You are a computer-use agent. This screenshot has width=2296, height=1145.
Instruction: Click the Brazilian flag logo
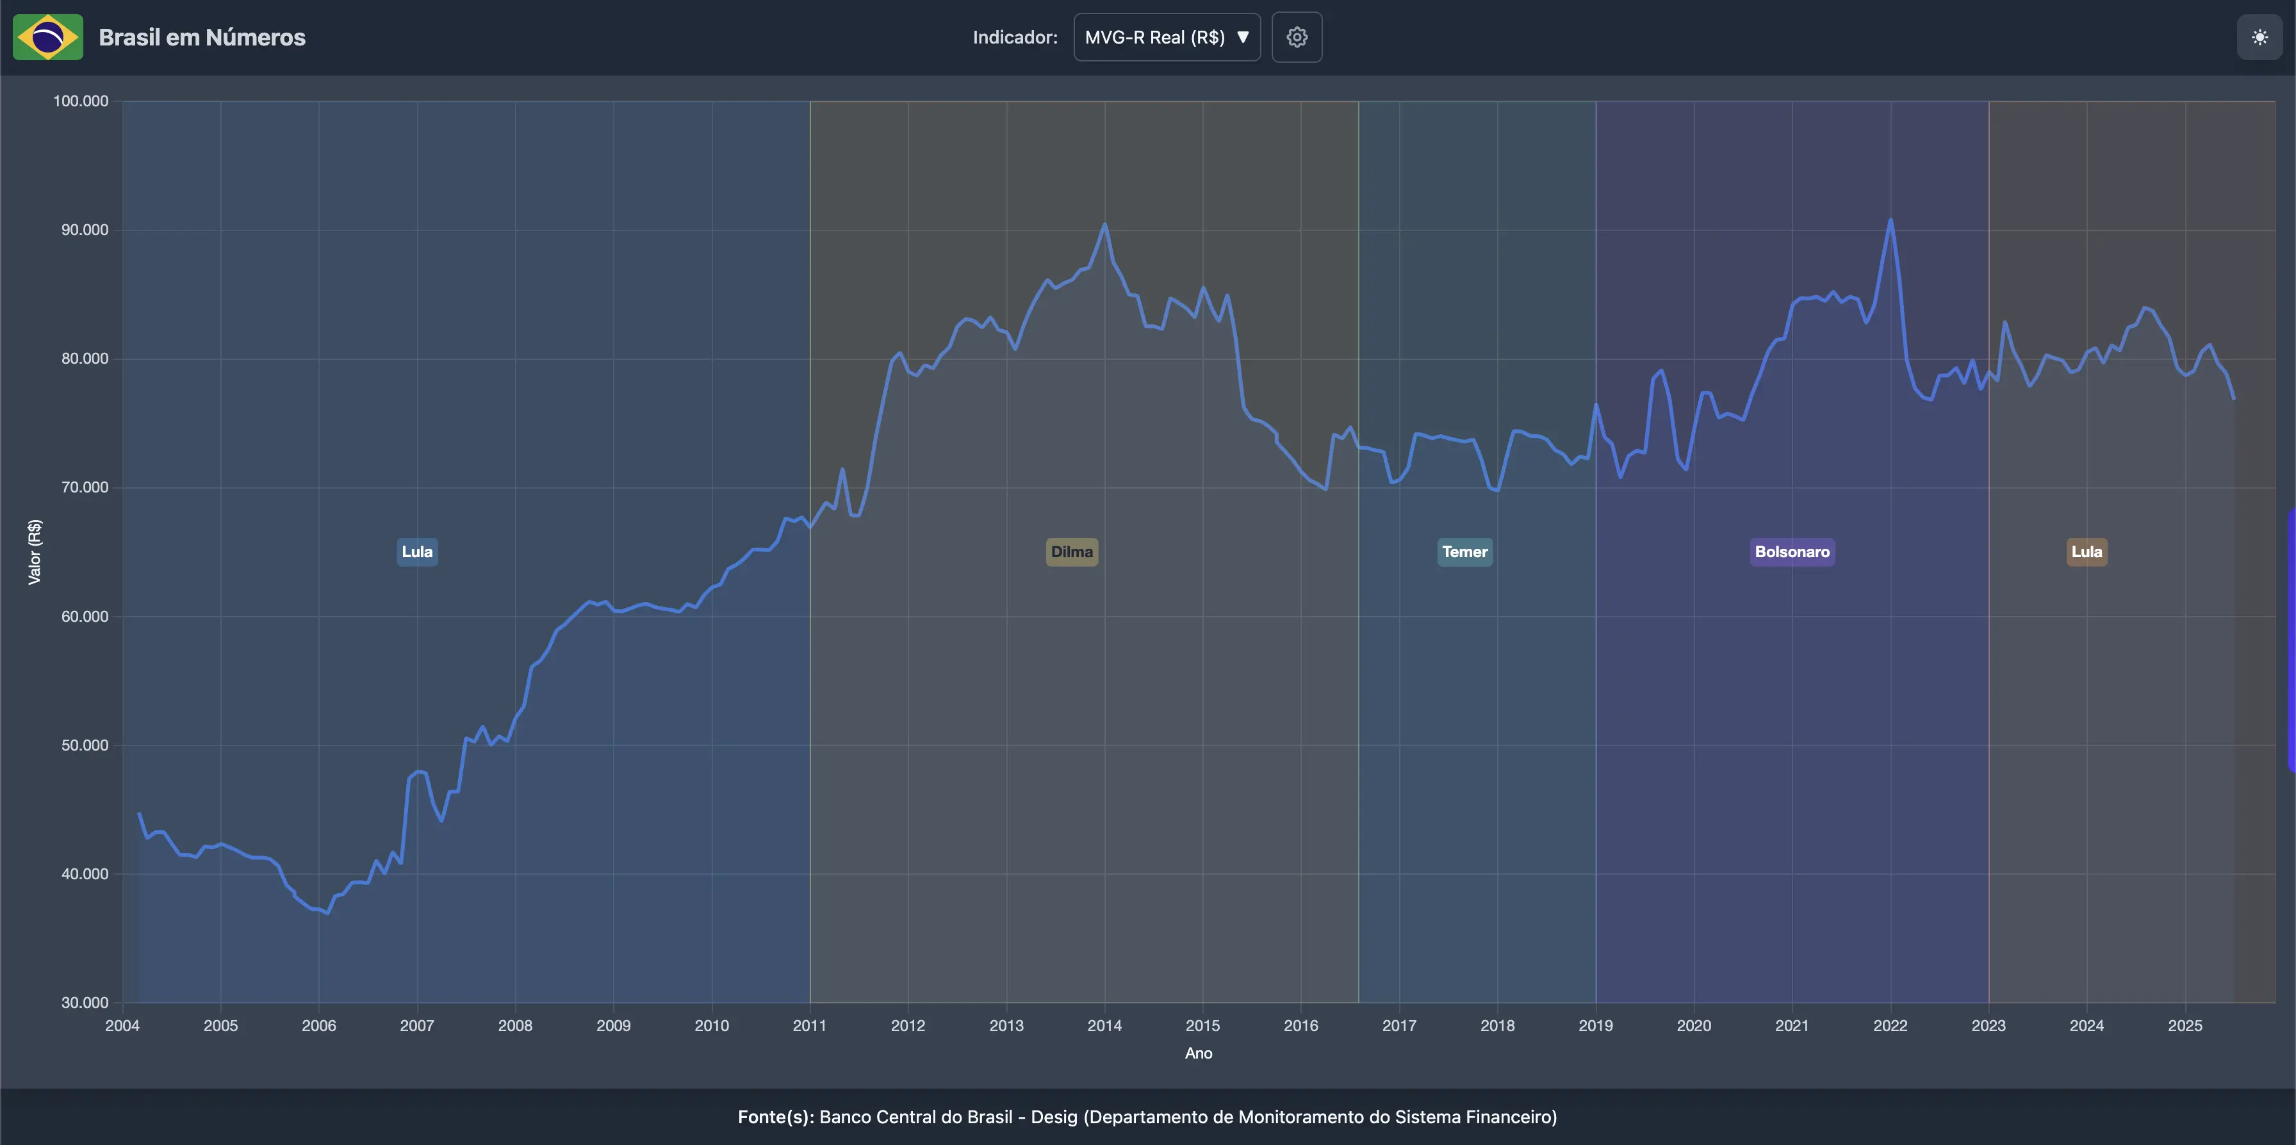tap(48, 37)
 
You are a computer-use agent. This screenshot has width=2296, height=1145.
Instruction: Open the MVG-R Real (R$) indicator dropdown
tap(1166, 37)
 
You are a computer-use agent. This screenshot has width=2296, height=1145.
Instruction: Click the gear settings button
tap(1296, 37)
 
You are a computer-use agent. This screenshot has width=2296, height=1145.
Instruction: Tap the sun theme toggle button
tap(2259, 37)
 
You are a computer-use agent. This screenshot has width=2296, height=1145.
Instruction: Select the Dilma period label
tap(1071, 551)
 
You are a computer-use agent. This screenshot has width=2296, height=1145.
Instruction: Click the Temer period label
tap(1464, 551)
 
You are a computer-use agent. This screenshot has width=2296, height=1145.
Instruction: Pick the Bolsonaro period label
tap(1792, 551)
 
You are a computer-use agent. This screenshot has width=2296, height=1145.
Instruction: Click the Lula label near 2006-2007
tap(417, 551)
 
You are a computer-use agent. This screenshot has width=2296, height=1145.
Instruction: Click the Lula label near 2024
tap(2086, 551)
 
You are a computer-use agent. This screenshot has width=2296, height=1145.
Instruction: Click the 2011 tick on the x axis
tap(809, 1026)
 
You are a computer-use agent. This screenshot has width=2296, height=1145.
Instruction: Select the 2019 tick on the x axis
tap(1595, 1026)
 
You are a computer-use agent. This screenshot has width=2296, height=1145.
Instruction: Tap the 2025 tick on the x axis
tap(2185, 1026)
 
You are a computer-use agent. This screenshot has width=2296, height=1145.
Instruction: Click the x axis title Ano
tap(1198, 1053)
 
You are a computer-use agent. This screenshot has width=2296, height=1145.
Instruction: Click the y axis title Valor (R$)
tap(35, 551)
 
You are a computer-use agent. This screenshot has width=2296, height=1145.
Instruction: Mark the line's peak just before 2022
tap(1890, 220)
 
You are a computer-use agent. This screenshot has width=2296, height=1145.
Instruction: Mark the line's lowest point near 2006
tap(327, 913)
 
